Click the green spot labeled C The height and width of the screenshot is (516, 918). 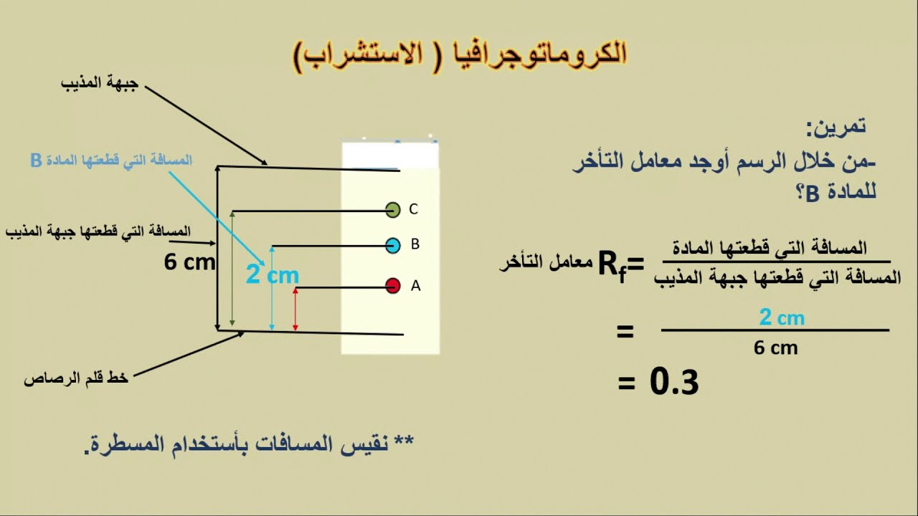392,210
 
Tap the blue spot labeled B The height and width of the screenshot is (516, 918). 392,246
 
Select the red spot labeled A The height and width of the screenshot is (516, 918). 392,286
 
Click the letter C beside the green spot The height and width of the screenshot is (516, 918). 413,209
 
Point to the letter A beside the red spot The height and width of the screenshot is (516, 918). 415,286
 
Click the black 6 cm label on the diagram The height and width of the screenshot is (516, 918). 189,262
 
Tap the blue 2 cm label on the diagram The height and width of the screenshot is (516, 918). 272,274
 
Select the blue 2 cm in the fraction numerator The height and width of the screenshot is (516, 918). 781,317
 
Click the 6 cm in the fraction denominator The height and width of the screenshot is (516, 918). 775,348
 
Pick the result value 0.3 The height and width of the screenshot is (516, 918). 674,383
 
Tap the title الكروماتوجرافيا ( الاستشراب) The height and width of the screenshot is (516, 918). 460,54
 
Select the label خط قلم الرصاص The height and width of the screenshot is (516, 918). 76,378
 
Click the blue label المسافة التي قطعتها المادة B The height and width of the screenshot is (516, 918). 111,160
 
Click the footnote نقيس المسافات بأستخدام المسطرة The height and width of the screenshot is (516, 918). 250,444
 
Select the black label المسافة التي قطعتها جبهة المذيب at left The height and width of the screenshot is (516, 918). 98,231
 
